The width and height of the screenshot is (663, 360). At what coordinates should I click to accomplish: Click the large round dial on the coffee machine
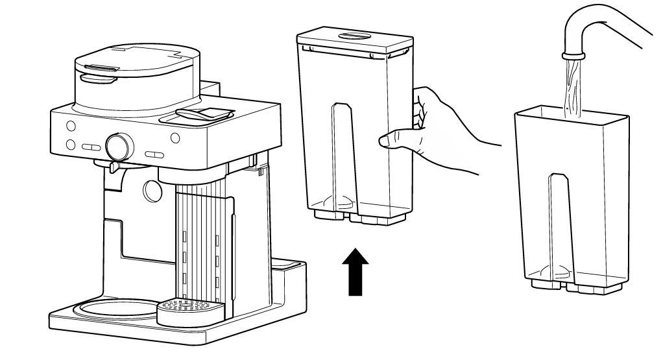click(x=118, y=146)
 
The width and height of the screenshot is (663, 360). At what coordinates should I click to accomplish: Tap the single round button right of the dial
click(x=175, y=138)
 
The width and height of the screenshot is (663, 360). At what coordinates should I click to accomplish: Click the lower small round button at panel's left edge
click(x=71, y=144)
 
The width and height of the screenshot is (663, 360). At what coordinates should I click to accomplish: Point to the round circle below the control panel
click(x=152, y=189)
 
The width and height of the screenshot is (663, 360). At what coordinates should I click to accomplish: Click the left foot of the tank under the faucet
click(x=542, y=283)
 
